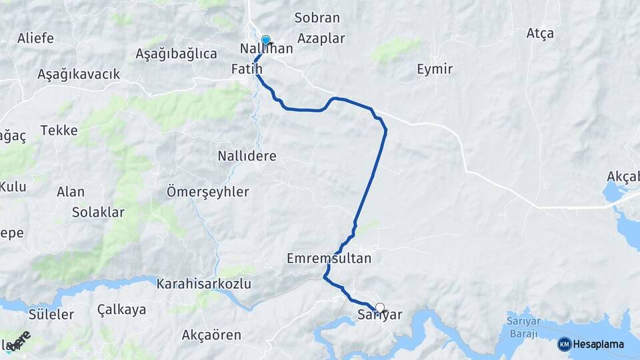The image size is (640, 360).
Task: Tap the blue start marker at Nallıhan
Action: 266,40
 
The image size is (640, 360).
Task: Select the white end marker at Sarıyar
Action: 380,307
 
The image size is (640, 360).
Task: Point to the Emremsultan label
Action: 329,258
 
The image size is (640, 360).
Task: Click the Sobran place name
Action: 317,18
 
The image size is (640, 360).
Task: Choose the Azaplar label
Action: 321,38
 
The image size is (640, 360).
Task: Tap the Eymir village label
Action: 435,69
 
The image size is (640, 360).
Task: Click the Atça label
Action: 540,33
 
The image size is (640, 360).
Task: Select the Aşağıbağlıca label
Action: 176,53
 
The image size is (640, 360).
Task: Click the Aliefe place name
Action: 36,38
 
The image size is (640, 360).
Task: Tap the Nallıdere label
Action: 247,156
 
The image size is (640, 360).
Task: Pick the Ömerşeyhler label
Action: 207,192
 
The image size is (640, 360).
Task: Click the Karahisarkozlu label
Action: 203,284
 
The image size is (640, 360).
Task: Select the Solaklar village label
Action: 98,213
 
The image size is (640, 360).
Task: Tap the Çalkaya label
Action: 121,309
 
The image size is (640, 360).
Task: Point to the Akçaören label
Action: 211,335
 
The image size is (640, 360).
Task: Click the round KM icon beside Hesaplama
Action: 564,344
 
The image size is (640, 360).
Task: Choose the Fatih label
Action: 247,69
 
